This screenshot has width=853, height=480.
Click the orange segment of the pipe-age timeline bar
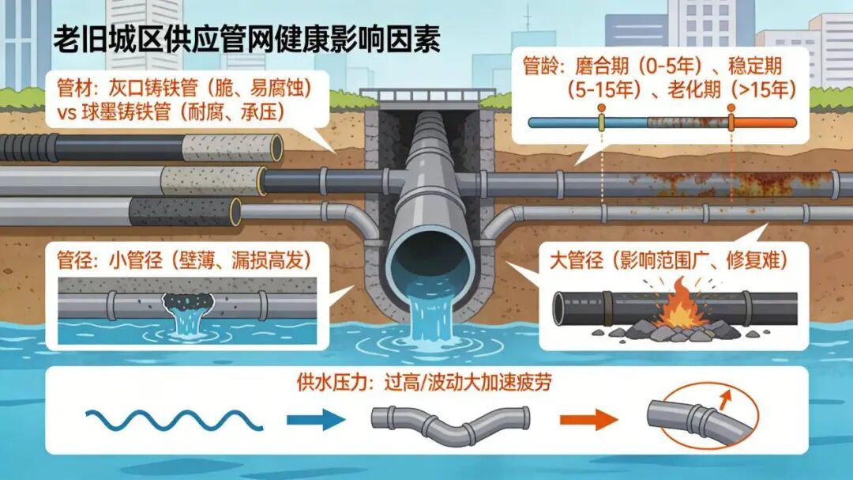765,123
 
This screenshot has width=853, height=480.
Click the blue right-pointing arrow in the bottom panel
311,419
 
